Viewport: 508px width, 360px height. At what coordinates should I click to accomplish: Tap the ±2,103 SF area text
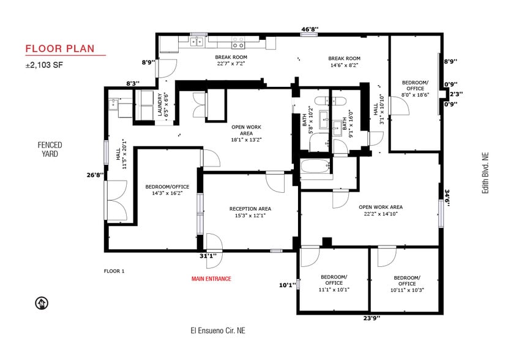(x=43, y=64)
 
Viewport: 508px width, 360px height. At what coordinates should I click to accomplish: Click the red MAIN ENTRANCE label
(x=211, y=279)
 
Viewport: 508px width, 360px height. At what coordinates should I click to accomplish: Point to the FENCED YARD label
(x=50, y=149)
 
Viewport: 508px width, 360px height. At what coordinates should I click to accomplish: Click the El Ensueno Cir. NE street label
(x=217, y=331)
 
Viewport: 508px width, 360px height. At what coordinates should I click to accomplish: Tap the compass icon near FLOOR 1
(x=42, y=302)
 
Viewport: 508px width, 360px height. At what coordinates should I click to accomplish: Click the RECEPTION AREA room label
(x=250, y=212)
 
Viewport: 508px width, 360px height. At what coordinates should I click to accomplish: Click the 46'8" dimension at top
(x=310, y=29)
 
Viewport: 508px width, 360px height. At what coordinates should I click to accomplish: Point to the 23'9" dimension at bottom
(x=371, y=319)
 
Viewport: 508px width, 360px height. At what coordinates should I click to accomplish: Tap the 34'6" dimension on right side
(x=448, y=198)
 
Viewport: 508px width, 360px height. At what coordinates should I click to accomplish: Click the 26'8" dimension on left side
(x=95, y=174)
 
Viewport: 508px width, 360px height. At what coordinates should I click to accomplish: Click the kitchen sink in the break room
(x=197, y=42)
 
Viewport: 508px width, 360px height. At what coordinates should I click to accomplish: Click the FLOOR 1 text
(x=114, y=271)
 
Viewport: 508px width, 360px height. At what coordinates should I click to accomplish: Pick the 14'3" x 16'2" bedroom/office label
(x=167, y=190)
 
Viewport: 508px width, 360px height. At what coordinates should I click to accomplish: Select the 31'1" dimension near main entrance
(x=208, y=256)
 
